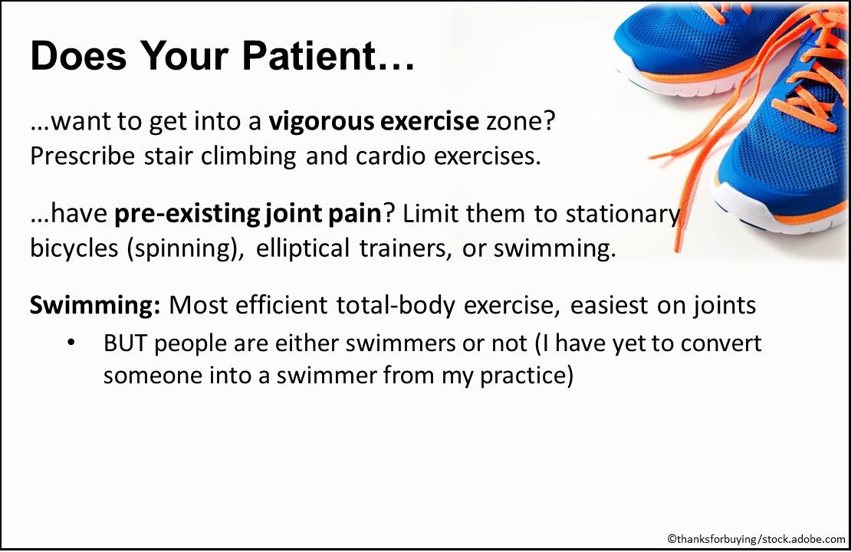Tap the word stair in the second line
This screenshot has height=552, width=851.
167,156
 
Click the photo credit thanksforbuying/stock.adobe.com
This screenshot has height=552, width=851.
754,540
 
